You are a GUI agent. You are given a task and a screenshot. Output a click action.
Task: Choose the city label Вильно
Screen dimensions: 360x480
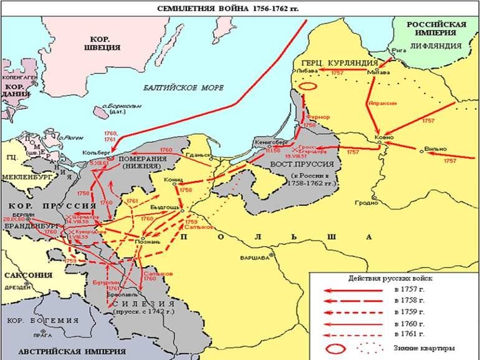(434, 148)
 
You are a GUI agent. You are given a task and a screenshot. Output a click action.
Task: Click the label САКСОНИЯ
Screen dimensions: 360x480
(27, 275)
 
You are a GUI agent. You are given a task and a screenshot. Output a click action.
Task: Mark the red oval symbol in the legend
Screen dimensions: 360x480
(336, 348)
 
